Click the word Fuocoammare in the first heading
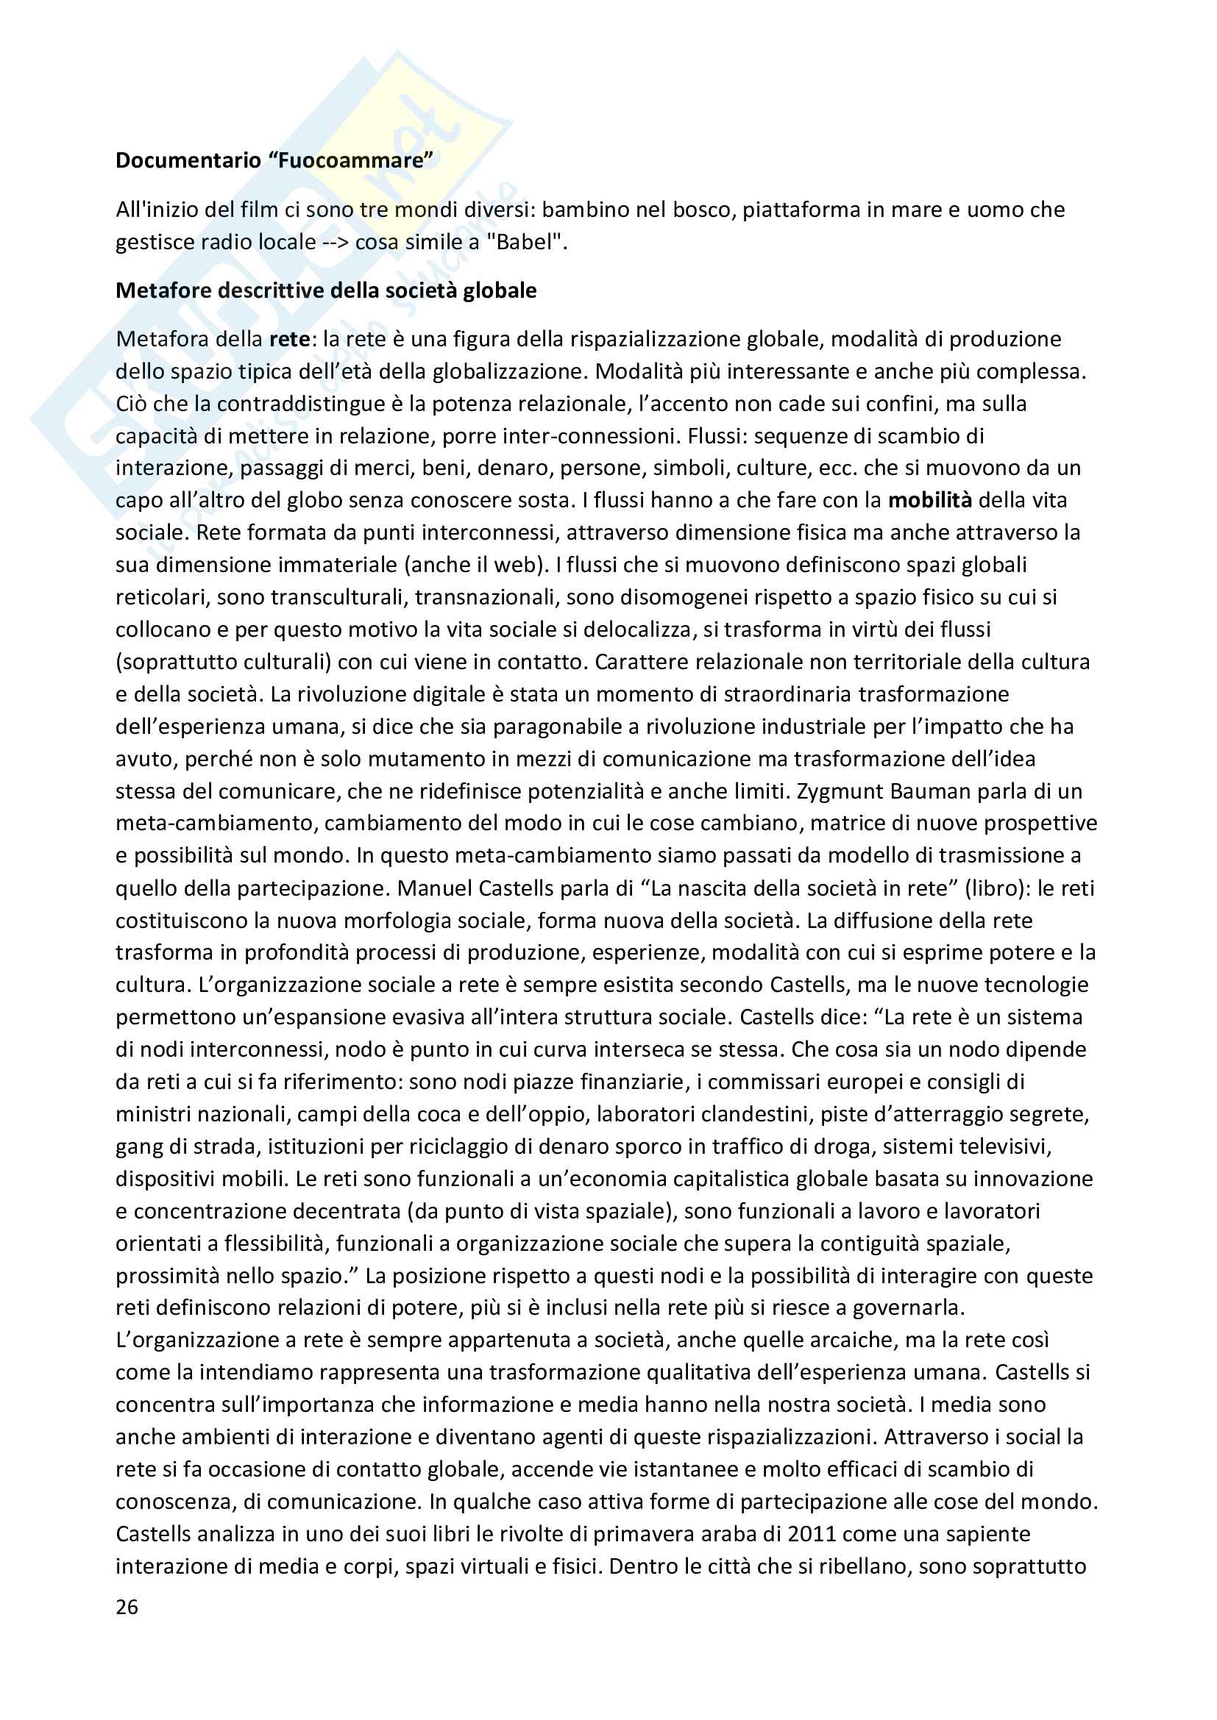click(x=350, y=160)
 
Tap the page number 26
click(x=127, y=1606)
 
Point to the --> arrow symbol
click(x=336, y=242)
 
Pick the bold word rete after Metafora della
click(x=289, y=339)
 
